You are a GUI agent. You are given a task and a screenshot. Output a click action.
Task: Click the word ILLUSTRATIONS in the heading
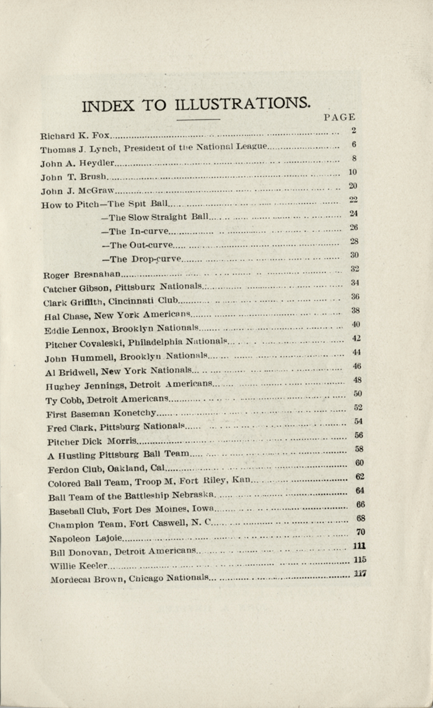(234, 104)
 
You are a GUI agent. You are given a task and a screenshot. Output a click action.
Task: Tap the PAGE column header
(340, 118)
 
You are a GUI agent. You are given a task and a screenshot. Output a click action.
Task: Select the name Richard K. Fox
(75, 133)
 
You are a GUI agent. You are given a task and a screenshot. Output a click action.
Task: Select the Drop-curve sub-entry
(142, 260)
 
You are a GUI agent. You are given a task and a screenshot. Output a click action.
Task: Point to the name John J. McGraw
(78, 190)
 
